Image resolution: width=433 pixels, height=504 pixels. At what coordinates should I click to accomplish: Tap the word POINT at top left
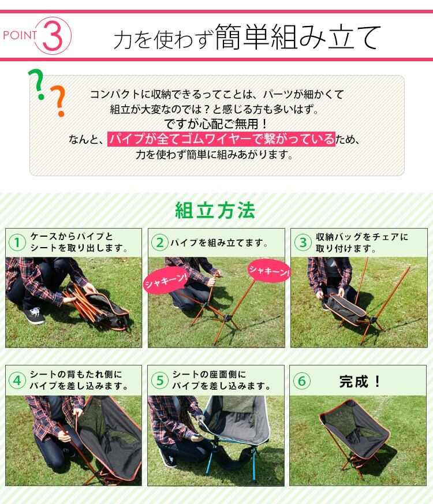(x=20, y=35)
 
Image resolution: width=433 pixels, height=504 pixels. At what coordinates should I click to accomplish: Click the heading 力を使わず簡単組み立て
(x=247, y=38)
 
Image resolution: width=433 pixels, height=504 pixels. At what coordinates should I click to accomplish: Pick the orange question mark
(x=58, y=102)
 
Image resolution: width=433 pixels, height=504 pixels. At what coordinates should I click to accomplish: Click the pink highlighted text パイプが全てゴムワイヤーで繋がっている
(x=221, y=139)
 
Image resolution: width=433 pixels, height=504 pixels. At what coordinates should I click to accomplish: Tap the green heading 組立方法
(x=215, y=210)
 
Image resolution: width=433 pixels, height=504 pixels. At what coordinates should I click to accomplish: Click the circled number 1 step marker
(x=17, y=242)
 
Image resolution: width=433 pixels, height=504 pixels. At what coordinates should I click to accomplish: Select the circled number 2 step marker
(x=159, y=242)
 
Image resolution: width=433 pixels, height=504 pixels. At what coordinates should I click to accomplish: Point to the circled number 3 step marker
(x=301, y=242)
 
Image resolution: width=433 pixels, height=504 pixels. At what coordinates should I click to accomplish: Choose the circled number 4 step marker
(x=17, y=380)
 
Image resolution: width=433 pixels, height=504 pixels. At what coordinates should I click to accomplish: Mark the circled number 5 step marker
(x=159, y=380)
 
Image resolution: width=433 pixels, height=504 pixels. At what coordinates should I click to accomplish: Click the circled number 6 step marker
(x=301, y=380)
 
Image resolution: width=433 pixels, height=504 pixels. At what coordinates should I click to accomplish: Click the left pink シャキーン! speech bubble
(x=165, y=281)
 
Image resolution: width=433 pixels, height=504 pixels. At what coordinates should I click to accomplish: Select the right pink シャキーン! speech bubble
(x=268, y=271)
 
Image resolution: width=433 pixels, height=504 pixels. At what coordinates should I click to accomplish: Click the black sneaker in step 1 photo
(x=33, y=315)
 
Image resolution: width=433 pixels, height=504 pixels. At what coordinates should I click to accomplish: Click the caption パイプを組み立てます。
(x=219, y=243)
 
